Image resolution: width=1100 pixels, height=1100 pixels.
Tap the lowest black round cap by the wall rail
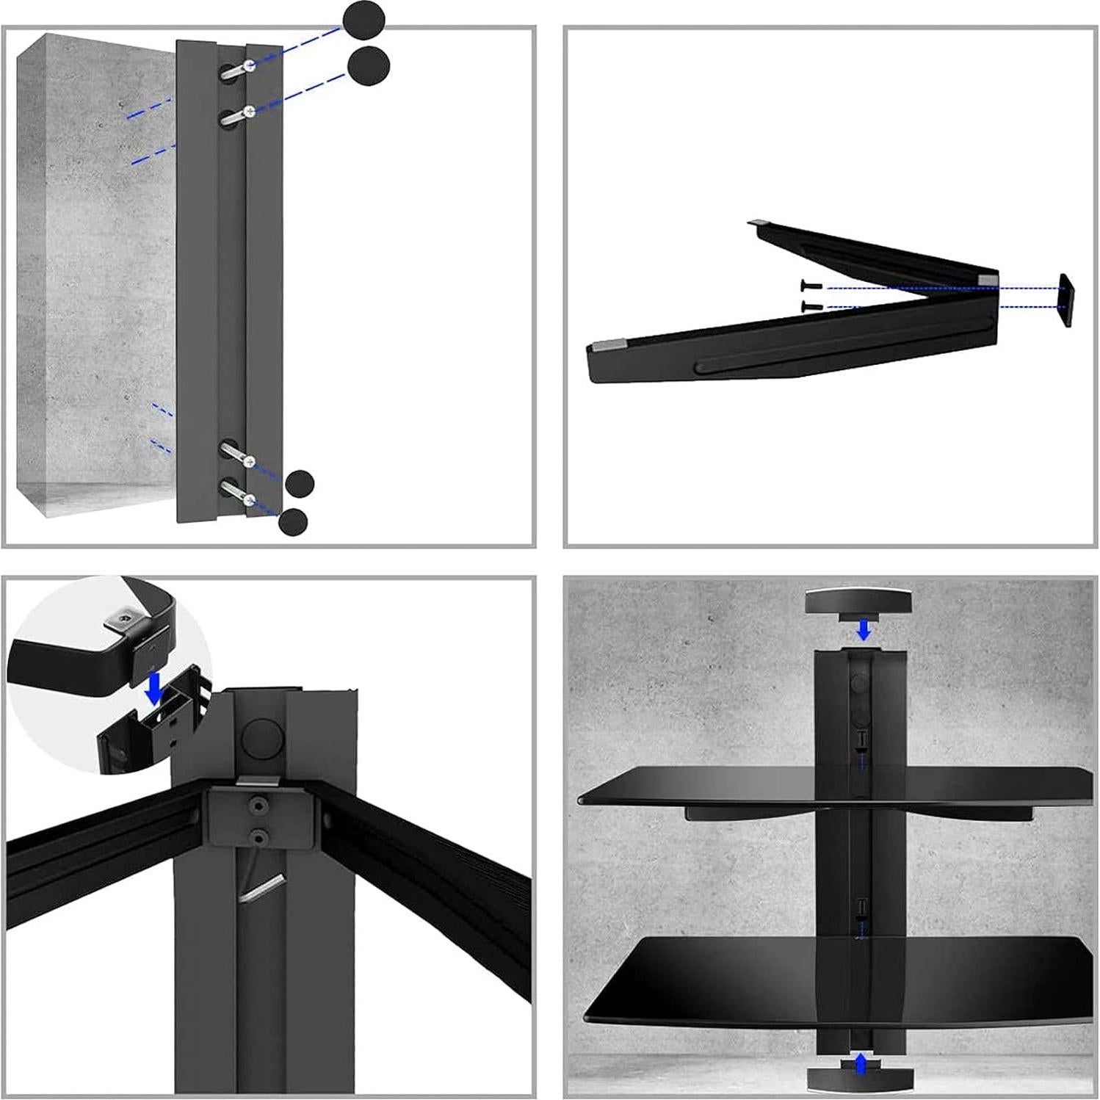[x=293, y=522]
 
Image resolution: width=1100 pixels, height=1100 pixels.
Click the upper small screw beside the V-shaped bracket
[x=808, y=287]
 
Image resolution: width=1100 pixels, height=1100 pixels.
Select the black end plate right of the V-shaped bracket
[x=1065, y=300]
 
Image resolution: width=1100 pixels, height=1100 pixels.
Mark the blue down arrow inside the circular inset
[x=154, y=689]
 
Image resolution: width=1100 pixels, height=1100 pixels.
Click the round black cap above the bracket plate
[x=261, y=737]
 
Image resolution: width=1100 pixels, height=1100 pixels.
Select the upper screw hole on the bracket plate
[x=257, y=806]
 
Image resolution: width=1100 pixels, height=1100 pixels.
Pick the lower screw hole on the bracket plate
[x=257, y=835]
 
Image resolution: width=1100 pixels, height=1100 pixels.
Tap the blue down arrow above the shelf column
[x=864, y=629]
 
